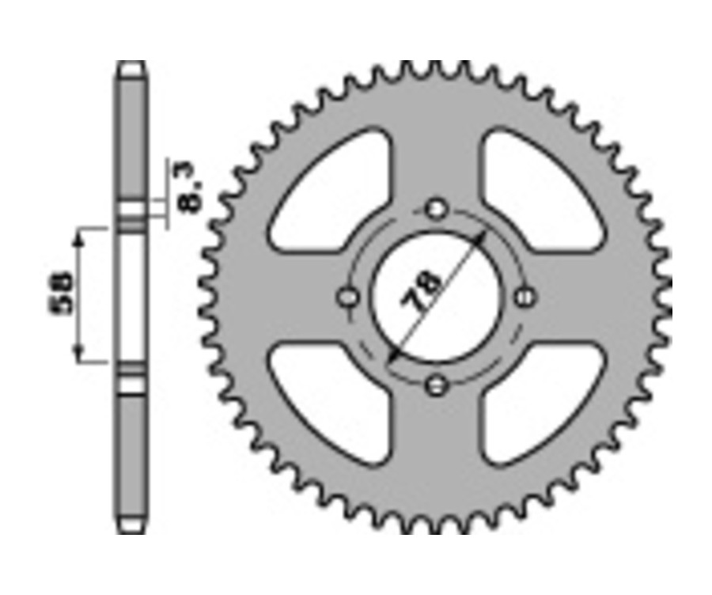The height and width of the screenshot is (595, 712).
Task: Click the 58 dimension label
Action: pos(61,294)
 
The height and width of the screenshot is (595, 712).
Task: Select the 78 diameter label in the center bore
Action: pos(421,290)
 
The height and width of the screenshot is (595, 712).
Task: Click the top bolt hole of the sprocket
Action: pos(437,209)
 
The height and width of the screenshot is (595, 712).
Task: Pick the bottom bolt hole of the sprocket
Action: pos(436,386)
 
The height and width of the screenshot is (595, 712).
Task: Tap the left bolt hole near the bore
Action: pos(349,298)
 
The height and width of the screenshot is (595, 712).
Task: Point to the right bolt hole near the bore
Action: pos(525,298)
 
